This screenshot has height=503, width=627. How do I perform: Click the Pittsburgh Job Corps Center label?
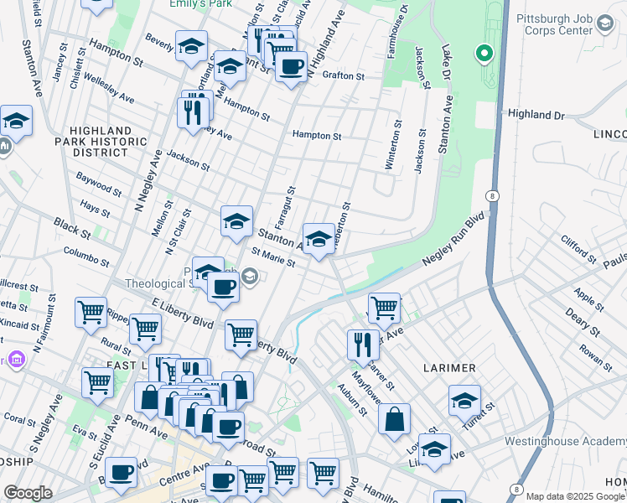coord(556,23)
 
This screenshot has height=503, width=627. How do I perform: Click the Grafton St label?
coord(344,75)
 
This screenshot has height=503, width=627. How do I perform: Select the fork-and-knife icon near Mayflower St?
coord(363,344)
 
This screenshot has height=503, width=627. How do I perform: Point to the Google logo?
coord(28,493)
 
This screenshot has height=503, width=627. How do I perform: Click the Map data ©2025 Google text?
coord(575,496)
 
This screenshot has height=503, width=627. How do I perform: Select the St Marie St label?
coord(273,258)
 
